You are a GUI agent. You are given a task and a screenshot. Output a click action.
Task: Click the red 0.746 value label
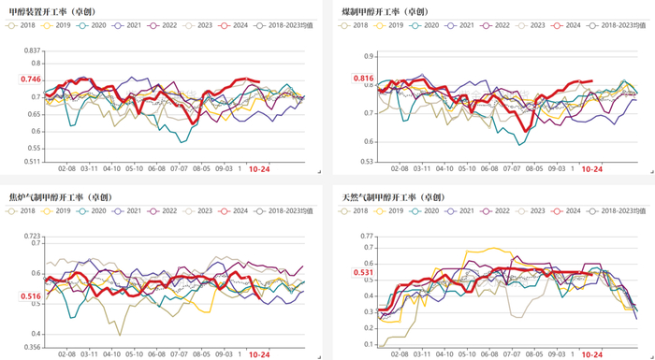pyautogui.click(x=31, y=79)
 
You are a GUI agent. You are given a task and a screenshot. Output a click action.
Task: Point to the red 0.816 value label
pyautogui.click(x=363, y=79)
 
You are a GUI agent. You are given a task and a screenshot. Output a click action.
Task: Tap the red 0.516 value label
pyautogui.click(x=31, y=295)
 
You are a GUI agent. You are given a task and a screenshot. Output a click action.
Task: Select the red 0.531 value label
pyautogui.click(x=363, y=273)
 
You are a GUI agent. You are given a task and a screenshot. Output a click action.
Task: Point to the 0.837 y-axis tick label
pyautogui.click(x=32, y=50)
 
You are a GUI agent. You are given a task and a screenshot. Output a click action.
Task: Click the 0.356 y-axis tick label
pyautogui.click(x=32, y=347)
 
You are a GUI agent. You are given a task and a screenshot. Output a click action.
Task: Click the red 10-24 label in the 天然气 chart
pyautogui.click(x=591, y=355)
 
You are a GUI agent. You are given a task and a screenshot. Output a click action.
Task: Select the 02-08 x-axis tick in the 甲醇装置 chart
pyautogui.click(x=67, y=169)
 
